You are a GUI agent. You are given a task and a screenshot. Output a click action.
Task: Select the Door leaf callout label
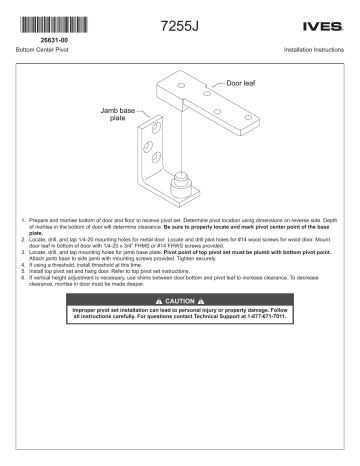pyautogui.click(x=241, y=84)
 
